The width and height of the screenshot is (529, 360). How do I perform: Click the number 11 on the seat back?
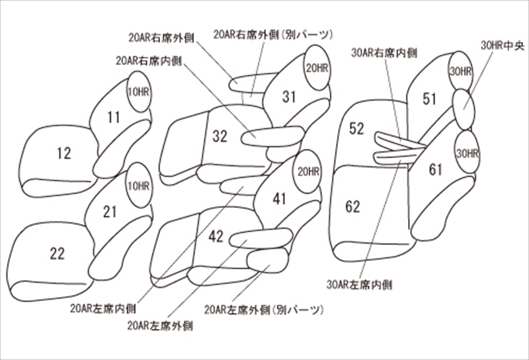click(x=114, y=117)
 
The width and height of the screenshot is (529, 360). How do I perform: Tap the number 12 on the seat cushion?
click(x=64, y=154)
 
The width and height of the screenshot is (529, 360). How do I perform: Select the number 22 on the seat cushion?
click(x=58, y=253)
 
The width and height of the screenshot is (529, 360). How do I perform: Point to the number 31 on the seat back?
click(x=289, y=97)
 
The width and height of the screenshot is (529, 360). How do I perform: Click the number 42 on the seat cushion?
click(x=216, y=236)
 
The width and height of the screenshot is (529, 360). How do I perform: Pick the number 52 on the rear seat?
click(x=356, y=128)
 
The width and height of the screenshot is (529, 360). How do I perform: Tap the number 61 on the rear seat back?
click(x=436, y=169)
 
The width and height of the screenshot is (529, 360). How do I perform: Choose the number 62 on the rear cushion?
click(x=353, y=206)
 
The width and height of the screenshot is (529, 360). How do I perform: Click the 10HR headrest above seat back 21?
click(x=139, y=185)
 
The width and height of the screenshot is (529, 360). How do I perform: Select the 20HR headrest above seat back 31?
click(x=317, y=68)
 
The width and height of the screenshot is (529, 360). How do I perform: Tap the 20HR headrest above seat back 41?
click(x=307, y=171)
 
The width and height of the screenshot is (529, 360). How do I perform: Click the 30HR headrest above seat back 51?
click(x=460, y=72)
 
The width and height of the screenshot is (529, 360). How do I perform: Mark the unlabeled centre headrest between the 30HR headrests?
click(x=464, y=109)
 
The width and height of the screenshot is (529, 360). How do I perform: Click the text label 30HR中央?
click(x=503, y=46)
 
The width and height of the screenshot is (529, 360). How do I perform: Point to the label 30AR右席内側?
click(x=384, y=53)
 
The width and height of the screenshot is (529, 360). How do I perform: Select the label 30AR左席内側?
click(x=359, y=285)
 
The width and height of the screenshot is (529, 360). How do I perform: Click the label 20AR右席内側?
click(x=149, y=61)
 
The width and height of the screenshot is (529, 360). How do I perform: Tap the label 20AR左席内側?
click(x=103, y=308)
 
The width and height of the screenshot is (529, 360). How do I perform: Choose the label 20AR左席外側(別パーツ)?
click(x=263, y=310)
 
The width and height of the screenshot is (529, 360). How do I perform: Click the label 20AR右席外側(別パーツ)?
click(x=273, y=34)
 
